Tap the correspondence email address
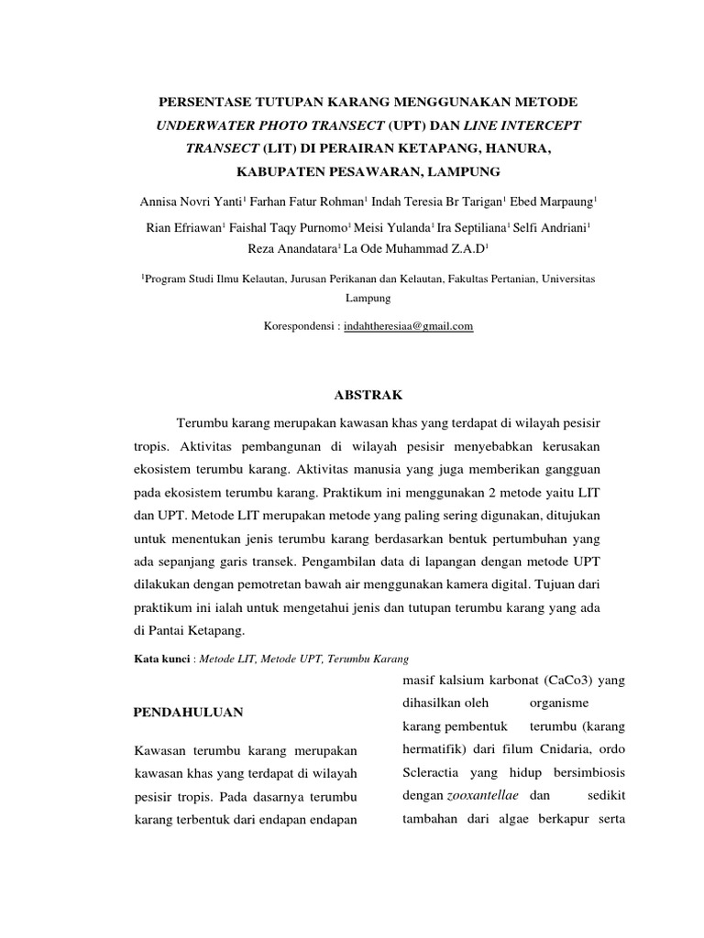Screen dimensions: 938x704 pyautogui.click(x=408, y=326)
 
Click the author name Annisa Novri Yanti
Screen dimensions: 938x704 pyautogui.click(x=186, y=201)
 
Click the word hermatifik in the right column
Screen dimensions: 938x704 pyautogui.click(x=435, y=749)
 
